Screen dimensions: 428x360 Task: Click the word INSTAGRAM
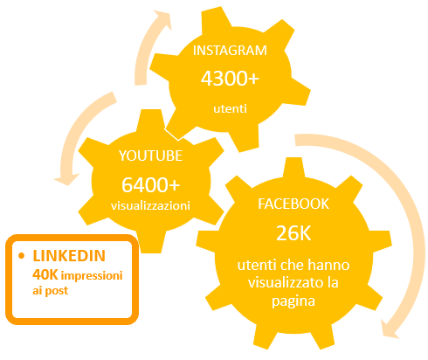pyautogui.click(x=230, y=51)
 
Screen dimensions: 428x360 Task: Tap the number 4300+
pyautogui.click(x=230, y=79)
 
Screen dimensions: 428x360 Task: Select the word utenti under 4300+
pyautogui.click(x=230, y=108)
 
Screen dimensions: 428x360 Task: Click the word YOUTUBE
pyautogui.click(x=150, y=156)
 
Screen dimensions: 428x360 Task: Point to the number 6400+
pyautogui.click(x=151, y=184)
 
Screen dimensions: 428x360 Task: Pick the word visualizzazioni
pyautogui.click(x=150, y=205)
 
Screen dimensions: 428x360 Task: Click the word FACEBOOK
pyautogui.click(x=293, y=204)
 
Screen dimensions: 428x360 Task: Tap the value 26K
pyautogui.click(x=293, y=233)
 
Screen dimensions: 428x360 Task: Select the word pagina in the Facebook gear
pyautogui.click(x=293, y=301)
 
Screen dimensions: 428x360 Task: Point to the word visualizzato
pyautogui.click(x=281, y=282)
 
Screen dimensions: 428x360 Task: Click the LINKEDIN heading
pyautogui.click(x=69, y=256)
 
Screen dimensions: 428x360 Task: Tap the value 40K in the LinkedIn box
pyautogui.click(x=45, y=274)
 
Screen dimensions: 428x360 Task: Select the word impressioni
pyautogui.click(x=92, y=275)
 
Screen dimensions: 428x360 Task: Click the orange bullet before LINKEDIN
pyautogui.click(x=21, y=256)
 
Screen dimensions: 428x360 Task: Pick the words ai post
pyautogui.click(x=50, y=291)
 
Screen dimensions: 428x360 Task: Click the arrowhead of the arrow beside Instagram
pyautogui.click(x=163, y=19)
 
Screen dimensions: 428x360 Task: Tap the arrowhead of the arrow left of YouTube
pyautogui.click(x=66, y=179)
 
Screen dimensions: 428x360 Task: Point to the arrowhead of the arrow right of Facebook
pyautogui.click(x=390, y=329)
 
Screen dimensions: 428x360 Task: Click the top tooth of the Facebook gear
pyautogui.click(x=293, y=168)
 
